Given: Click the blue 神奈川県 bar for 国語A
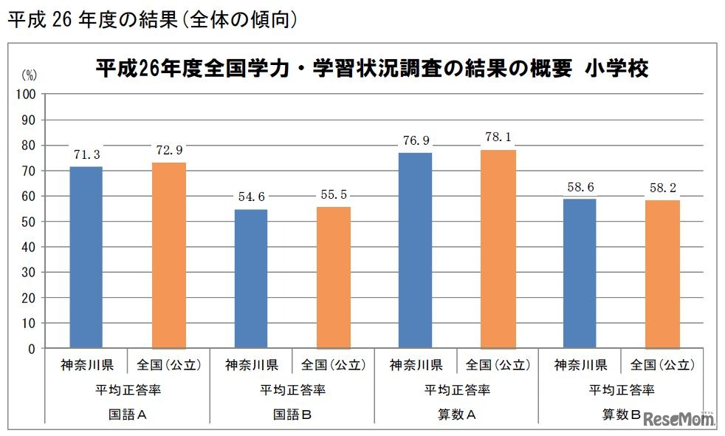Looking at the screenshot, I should [x=86, y=257].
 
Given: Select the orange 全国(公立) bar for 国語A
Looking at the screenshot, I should [x=169, y=255].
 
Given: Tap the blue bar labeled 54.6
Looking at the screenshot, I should [x=251, y=279].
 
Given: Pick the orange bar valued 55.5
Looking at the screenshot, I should [x=334, y=277].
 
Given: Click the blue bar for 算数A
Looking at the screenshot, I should [x=415, y=250].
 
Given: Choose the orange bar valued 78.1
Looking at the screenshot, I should [x=498, y=248].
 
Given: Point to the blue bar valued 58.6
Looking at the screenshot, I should [x=580, y=273].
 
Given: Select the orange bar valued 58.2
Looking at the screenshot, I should [x=662, y=274].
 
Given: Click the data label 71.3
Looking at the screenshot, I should [x=86, y=155].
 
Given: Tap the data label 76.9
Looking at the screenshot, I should [x=415, y=140].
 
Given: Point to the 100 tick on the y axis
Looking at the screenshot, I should [x=28, y=95].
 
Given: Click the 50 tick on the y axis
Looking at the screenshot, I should [x=31, y=222].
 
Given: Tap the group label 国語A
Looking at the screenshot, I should [x=128, y=415].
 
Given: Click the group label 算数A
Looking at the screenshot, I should [x=457, y=415].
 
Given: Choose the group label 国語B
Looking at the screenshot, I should [x=292, y=415].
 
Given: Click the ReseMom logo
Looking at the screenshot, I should [x=679, y=418].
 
